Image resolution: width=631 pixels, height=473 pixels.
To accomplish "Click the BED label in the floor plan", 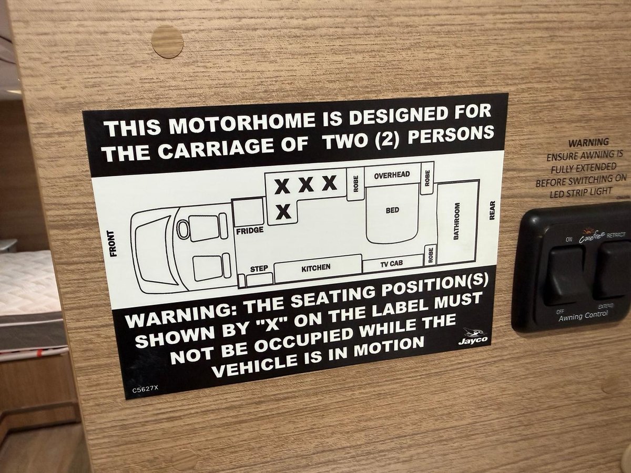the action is pyautogui.click(x=393, y=210).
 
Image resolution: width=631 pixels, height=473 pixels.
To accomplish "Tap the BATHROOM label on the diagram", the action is pyautogui.click(x=456, y=221).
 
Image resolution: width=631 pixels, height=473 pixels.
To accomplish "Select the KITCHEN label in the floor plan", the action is pyautogui.click(x=315, y=268).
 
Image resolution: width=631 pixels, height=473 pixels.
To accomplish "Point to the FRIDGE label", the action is pyautogui.click(x=250, y=230).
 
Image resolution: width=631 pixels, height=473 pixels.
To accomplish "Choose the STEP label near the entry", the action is pyautogui.click(x=259, y=269).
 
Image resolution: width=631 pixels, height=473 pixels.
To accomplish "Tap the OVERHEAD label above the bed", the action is pyautogui.click(x=392, y=175).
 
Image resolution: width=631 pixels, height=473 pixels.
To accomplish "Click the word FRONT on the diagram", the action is pyautogui.click(x=114, y=243).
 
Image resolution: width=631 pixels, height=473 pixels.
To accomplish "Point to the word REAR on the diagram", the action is pyautogui.click(x=492, y=210).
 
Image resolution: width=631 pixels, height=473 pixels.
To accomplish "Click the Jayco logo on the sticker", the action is pyautogui.click(x=473, y=336).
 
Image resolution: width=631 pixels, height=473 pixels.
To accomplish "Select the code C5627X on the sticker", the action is pyautogui.click(x=145, y=389).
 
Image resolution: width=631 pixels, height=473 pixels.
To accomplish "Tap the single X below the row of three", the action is pyautogui.click(x=283, y=212).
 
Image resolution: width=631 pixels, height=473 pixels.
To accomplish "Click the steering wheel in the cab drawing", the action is pyautogui.click(x=183, y=230).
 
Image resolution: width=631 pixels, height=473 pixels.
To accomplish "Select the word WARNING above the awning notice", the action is pyautogui.click(x=588, y=142).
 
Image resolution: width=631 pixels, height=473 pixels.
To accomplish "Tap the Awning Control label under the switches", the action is pyautogui.click(x=583, y=316).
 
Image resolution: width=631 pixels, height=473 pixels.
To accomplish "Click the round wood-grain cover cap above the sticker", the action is pyautogui.click(x=167, y=42).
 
